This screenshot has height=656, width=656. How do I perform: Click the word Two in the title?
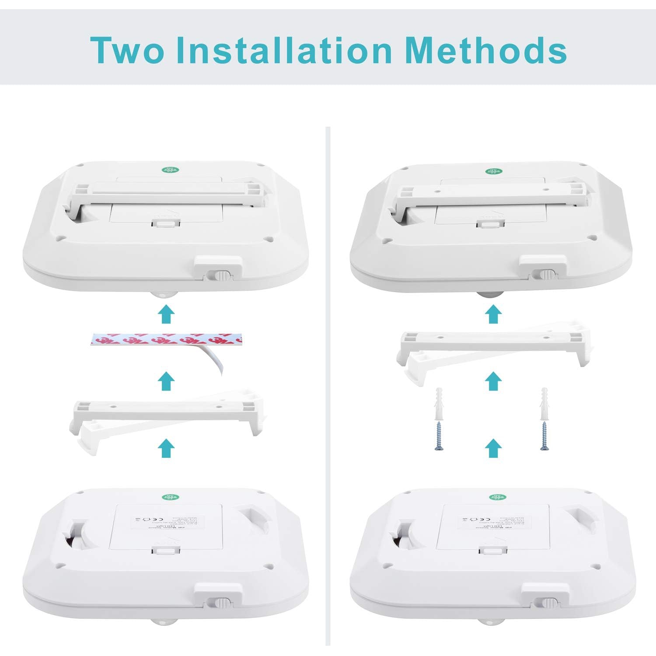pyautogui.click(x=127, y=50)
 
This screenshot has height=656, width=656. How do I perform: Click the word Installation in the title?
pyautogui.click(x=284, y=50)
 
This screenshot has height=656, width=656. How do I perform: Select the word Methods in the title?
pyautogui.click(x=485, y=50)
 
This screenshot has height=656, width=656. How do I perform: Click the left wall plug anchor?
pyautogui.click(x=440, y=403)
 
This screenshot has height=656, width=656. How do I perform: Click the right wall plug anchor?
pyautogui.click(x=544, y=403)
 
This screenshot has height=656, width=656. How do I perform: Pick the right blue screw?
pyautogui.click(x=544, y=436)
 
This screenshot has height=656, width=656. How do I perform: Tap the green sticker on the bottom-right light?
pyautogui.click(x=495, y=497)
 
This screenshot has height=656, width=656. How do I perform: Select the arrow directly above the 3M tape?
pyautogui.click(x=166, y=314)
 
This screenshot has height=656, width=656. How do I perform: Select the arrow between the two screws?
pyautogui.click(x=494, y=448)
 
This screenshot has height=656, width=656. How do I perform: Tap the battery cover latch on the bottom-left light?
pyautogui.click(x=166, y=550)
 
